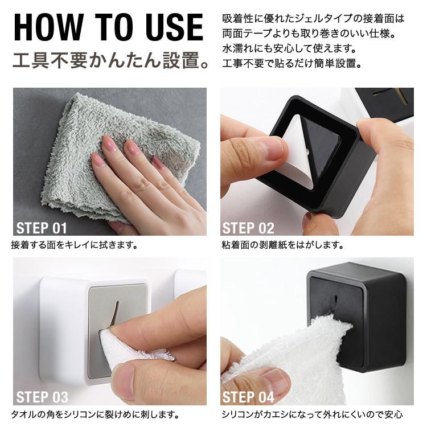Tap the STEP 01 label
coord(42,228)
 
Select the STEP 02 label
coord(248,228)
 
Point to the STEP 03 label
coord(42,397)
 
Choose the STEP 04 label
coord(248,397)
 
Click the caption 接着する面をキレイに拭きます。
coord(74,246)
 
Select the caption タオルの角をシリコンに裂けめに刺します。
coord(95,414)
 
